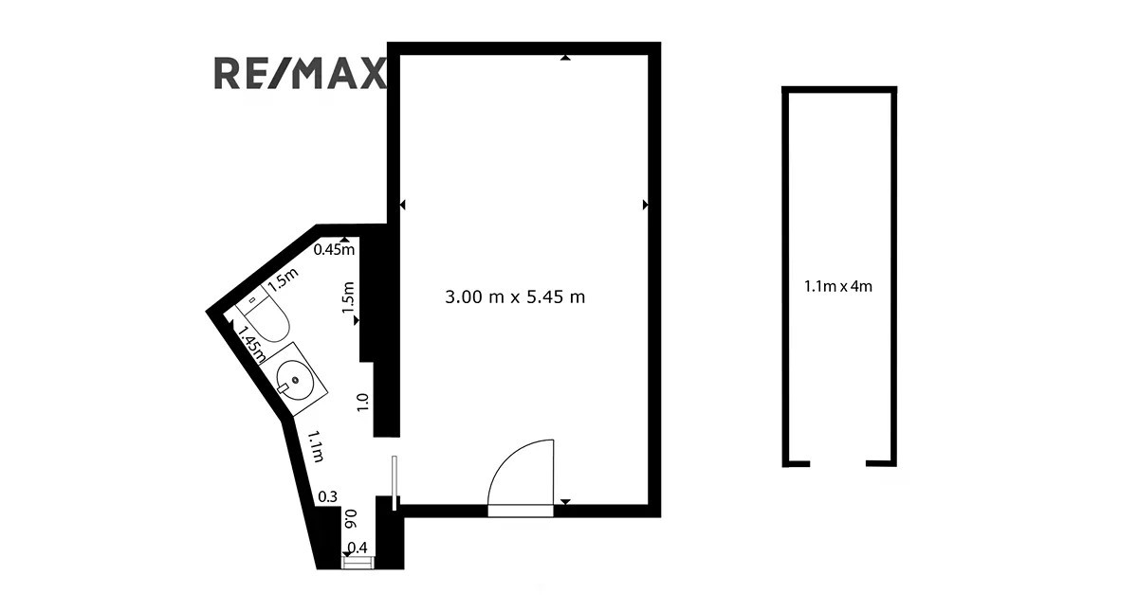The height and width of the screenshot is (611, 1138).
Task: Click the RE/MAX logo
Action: (300, 74)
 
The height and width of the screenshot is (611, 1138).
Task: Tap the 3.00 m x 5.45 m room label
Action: (515, 297)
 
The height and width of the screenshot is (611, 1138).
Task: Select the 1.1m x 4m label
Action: (838, 287)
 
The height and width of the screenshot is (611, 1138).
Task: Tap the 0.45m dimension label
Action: (334, 250)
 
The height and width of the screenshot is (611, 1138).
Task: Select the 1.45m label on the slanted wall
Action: (252, 344)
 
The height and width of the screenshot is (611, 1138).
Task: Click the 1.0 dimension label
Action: (362, 403)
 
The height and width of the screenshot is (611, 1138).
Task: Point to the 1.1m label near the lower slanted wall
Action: (316, 446)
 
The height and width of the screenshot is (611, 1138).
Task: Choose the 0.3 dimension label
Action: (328, 496)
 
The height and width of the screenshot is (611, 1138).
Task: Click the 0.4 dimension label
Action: (358, 548)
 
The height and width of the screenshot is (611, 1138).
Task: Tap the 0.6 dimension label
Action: (351, 519)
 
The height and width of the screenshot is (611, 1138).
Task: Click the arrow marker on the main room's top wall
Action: (565, 58)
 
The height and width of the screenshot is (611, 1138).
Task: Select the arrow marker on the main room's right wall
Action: (646, 205)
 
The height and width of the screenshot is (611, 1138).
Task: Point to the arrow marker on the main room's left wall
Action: (402, 205)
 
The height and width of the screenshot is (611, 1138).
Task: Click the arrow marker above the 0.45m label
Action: (345, 239)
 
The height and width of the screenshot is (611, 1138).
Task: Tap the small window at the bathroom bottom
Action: (358, 563)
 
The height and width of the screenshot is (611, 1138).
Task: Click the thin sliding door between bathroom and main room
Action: (395, 483)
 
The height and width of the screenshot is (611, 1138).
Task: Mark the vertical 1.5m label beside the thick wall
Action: (348, 297)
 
